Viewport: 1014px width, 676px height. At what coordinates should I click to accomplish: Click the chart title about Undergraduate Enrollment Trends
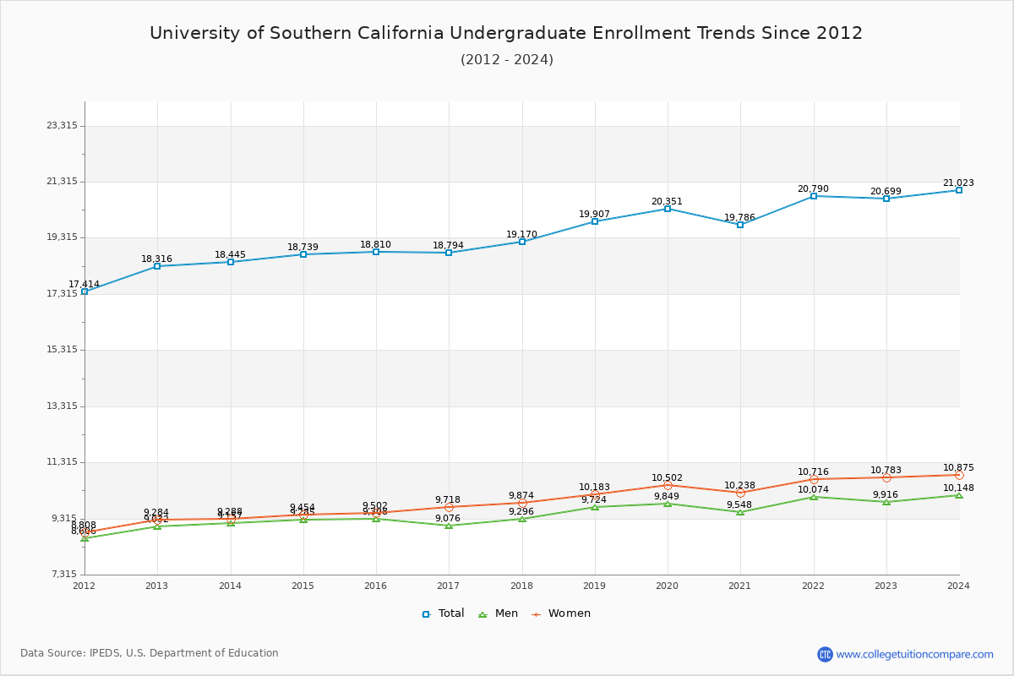point(506,33)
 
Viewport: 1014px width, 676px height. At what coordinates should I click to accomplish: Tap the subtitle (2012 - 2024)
point(506,60)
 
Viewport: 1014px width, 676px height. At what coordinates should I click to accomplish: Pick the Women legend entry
point(561,613)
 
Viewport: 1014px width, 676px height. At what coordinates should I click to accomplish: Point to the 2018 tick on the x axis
point(521,586)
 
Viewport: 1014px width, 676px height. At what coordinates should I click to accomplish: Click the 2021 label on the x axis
point(740,586)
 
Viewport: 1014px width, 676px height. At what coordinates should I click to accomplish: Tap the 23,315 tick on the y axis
point(62,126)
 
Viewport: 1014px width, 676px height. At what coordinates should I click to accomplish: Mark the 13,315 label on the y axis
point(62,406)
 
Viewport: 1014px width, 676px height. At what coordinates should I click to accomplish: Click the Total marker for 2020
point(668,209)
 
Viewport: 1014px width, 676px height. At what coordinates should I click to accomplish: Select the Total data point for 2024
point(959,190)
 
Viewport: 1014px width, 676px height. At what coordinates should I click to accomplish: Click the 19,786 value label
point(739,217)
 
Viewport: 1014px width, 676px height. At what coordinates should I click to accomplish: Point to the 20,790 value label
point(813,189)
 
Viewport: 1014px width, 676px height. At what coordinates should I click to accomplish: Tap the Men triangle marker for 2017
point(449,526)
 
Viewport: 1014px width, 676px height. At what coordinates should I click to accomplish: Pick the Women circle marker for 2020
point(668,486)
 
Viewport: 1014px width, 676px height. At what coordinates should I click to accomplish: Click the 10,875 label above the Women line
point(958,468)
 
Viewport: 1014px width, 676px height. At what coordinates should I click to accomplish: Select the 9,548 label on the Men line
point(740,505)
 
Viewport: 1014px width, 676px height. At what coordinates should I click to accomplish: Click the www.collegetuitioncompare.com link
point(914,654)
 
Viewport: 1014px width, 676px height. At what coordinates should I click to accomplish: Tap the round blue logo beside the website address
point(825,654)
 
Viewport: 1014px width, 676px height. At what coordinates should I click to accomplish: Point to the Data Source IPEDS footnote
point(150,653)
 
